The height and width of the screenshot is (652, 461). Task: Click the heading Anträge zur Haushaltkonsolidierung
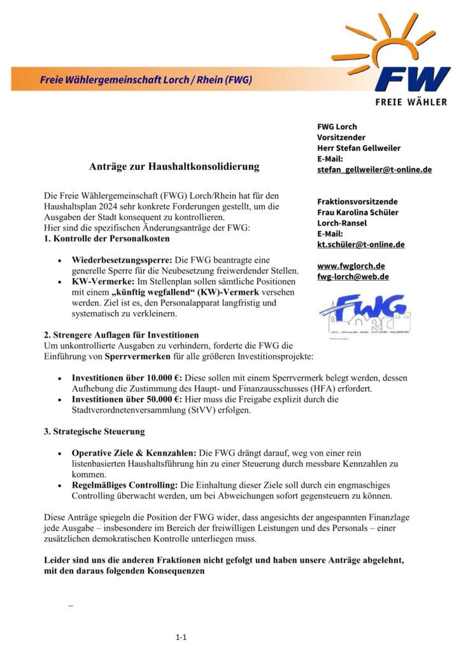coord(174,167)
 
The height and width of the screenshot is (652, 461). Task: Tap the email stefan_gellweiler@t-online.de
coord(374,169)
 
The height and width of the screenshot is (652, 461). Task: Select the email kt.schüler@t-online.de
coord(360,244)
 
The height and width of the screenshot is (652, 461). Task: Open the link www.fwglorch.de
coord(350,266)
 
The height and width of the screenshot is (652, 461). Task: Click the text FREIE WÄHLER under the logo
coord(411,101)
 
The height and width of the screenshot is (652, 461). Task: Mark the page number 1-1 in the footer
coord(181,637)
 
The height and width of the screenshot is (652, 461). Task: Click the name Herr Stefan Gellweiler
coord(358,148)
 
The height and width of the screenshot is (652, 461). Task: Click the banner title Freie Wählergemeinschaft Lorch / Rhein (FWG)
coord(146,80)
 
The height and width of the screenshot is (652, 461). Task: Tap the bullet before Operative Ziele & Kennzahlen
coord(59,453)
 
